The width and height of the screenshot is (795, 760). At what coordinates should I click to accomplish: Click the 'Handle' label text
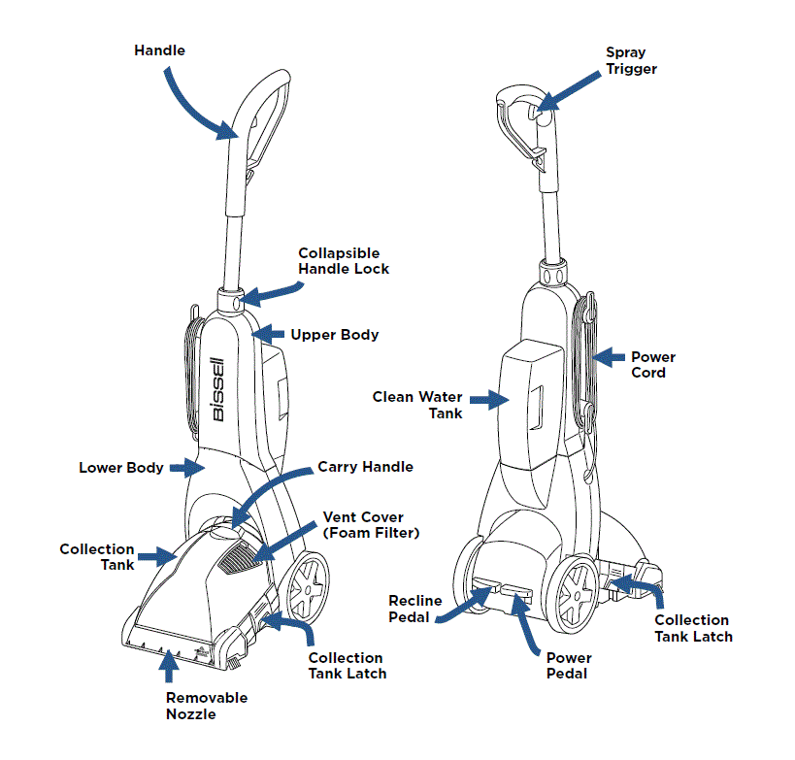point(159,50)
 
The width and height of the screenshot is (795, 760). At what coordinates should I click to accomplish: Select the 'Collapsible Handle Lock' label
point(344,261)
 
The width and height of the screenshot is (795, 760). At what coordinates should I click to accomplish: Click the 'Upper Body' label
point(334,335)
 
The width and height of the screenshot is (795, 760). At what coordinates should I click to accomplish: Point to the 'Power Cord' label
point(653,365)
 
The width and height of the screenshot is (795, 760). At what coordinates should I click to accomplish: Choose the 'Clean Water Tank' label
point(419,405)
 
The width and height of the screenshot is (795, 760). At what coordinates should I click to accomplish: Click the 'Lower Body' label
point(120,468)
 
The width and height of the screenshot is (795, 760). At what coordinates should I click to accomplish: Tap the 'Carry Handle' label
point(365,467)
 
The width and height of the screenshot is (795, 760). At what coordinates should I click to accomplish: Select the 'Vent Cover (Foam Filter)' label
point(370,525)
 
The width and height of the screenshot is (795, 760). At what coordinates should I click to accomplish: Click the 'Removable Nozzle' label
point(206,706)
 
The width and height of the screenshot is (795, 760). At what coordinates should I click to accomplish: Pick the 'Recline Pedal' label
point(415,609)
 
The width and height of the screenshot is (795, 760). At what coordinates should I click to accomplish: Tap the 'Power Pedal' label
point(568,665)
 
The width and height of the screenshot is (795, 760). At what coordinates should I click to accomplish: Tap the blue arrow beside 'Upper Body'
point(268,335)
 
